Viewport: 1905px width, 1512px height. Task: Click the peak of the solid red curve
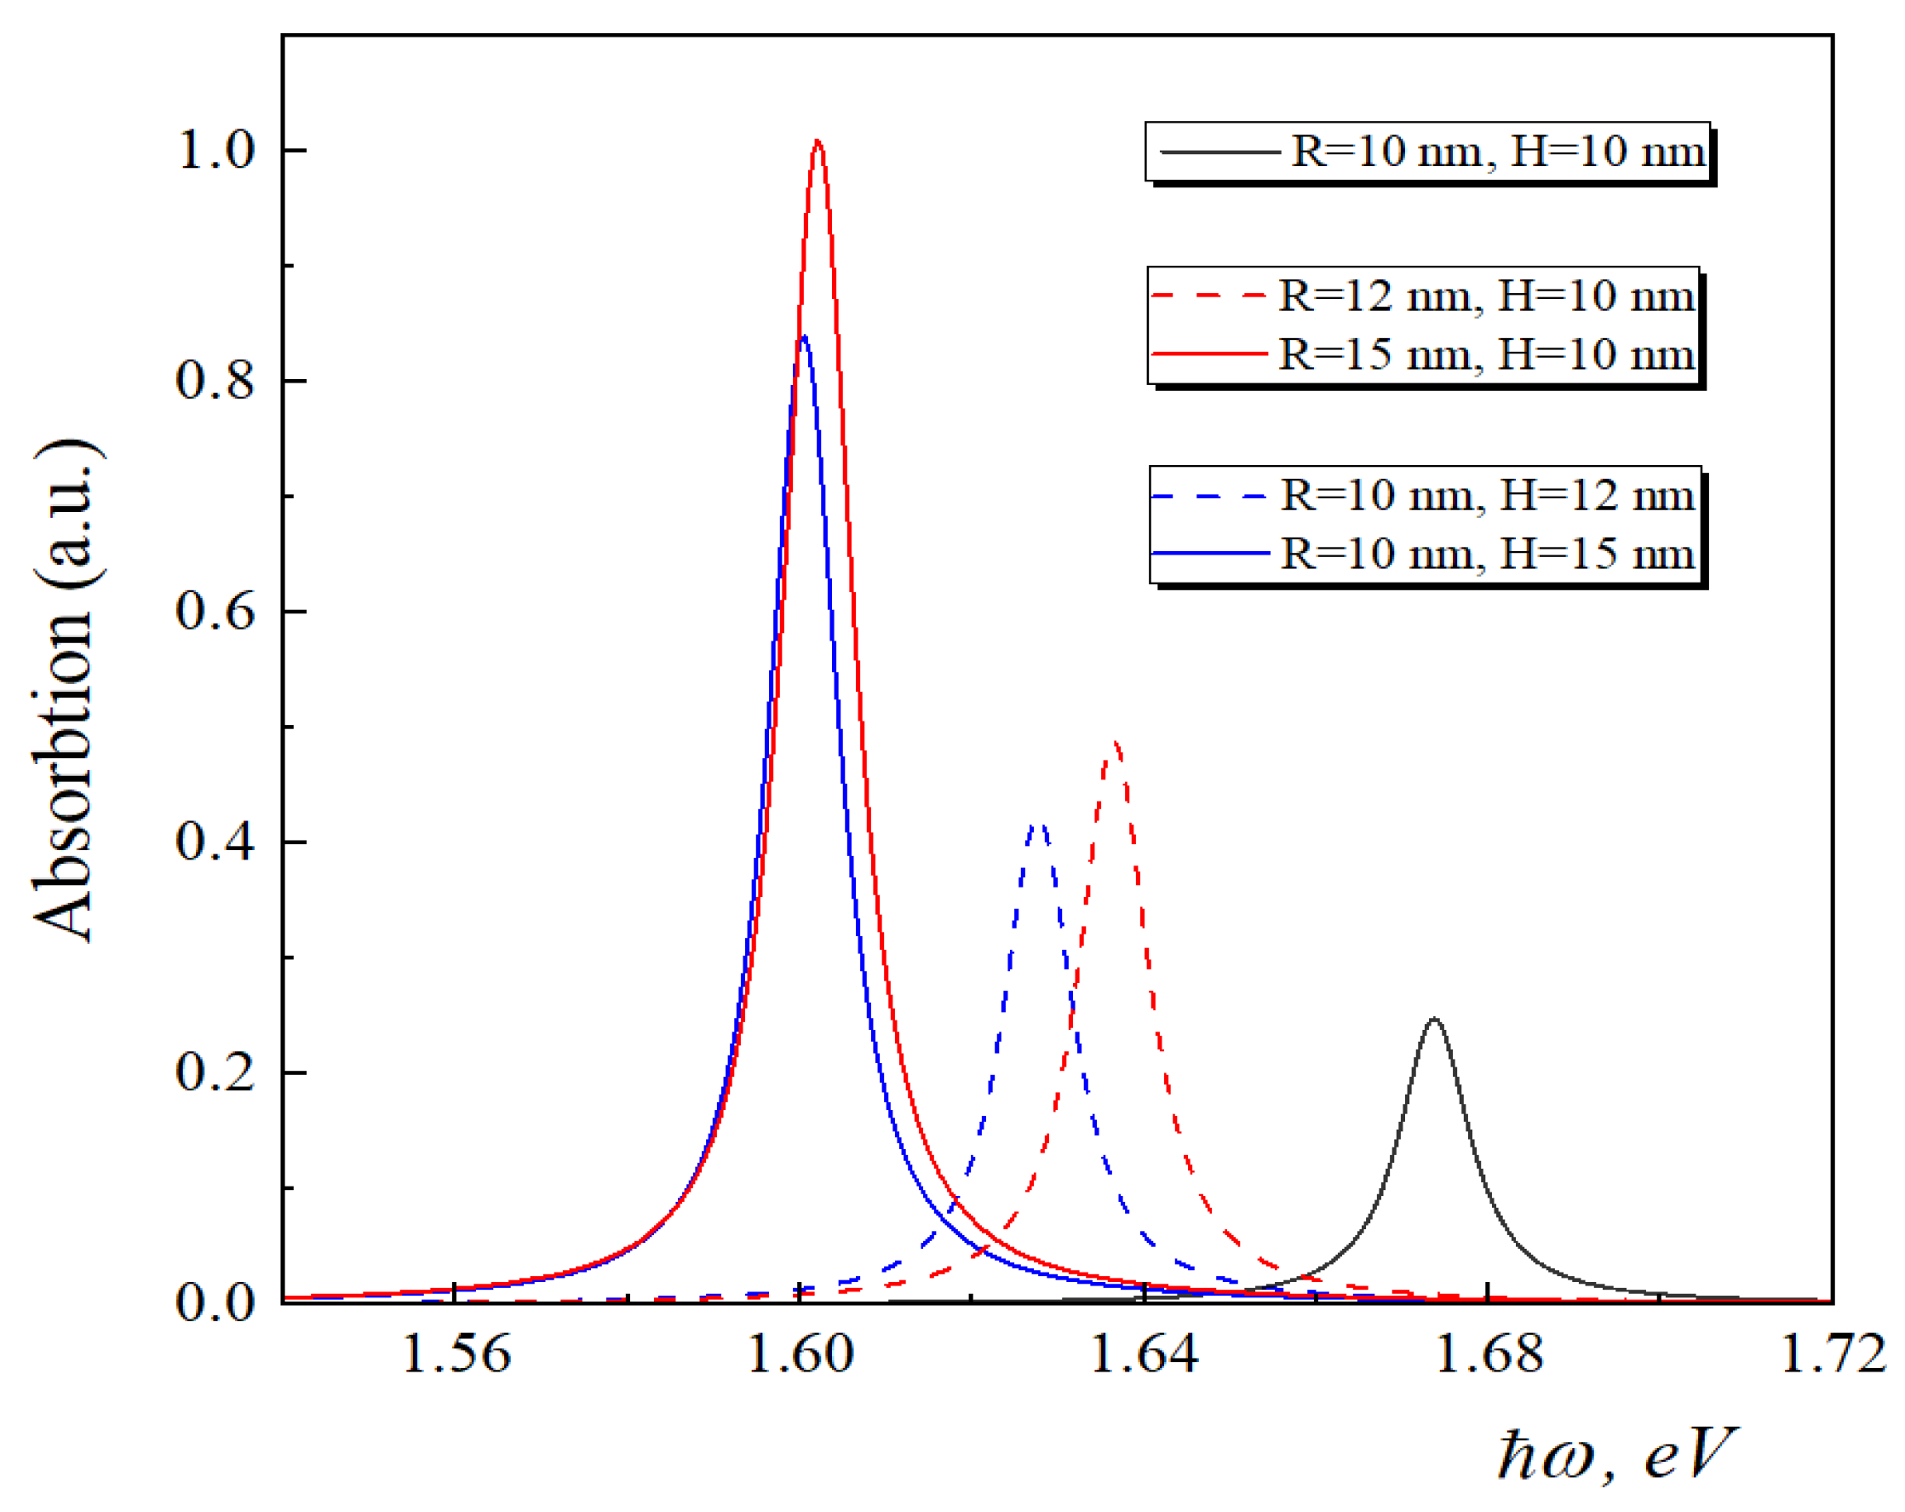(x=818, y=141)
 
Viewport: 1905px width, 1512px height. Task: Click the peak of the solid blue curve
(x=803, y=336)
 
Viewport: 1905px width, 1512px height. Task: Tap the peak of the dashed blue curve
(x=1040, y=824)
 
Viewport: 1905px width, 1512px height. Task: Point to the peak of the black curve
(x=1434, y=1019)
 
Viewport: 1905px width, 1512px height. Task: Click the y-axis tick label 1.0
(x=216, y=150)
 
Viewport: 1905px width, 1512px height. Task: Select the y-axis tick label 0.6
(x=216, y=611)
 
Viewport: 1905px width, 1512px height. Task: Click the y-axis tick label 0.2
(x=216, y=1072)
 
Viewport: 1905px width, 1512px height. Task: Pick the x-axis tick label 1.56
(x=456, y=1354)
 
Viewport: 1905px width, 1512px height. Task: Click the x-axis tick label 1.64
(x=1145, y=1354)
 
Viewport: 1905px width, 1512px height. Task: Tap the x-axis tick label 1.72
(x=1833, y=1354)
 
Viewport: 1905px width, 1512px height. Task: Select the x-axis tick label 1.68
(x=1489, y=1354)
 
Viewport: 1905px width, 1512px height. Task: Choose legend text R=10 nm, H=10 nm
(x=1498, y=151)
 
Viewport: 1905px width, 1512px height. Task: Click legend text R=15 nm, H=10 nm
(x=1486, y=354)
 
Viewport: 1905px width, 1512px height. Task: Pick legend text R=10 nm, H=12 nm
(x=1488, y=495)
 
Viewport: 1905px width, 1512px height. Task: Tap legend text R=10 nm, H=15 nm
(x=1488, y=554)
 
